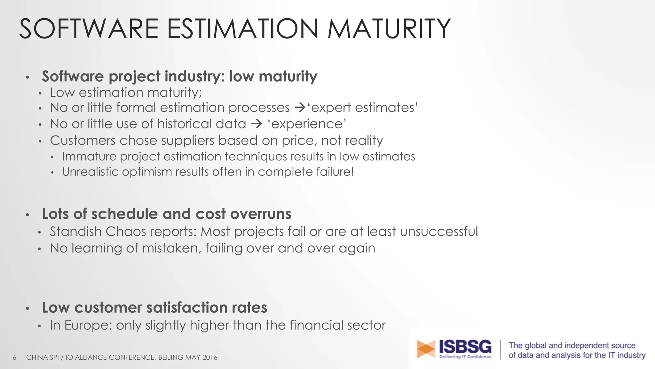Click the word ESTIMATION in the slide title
click(242, 29)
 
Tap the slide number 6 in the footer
click(14, 357)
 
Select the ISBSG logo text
click(465, 347)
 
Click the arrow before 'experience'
click(256, 124)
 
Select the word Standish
click(75, 232)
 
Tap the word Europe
click(88, 325)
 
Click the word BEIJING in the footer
click(171, 357)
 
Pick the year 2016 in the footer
click(209, 357)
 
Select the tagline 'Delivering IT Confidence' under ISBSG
click(465, 357)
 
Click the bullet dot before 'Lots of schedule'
click(28, 215)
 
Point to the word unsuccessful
click(439, 232)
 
